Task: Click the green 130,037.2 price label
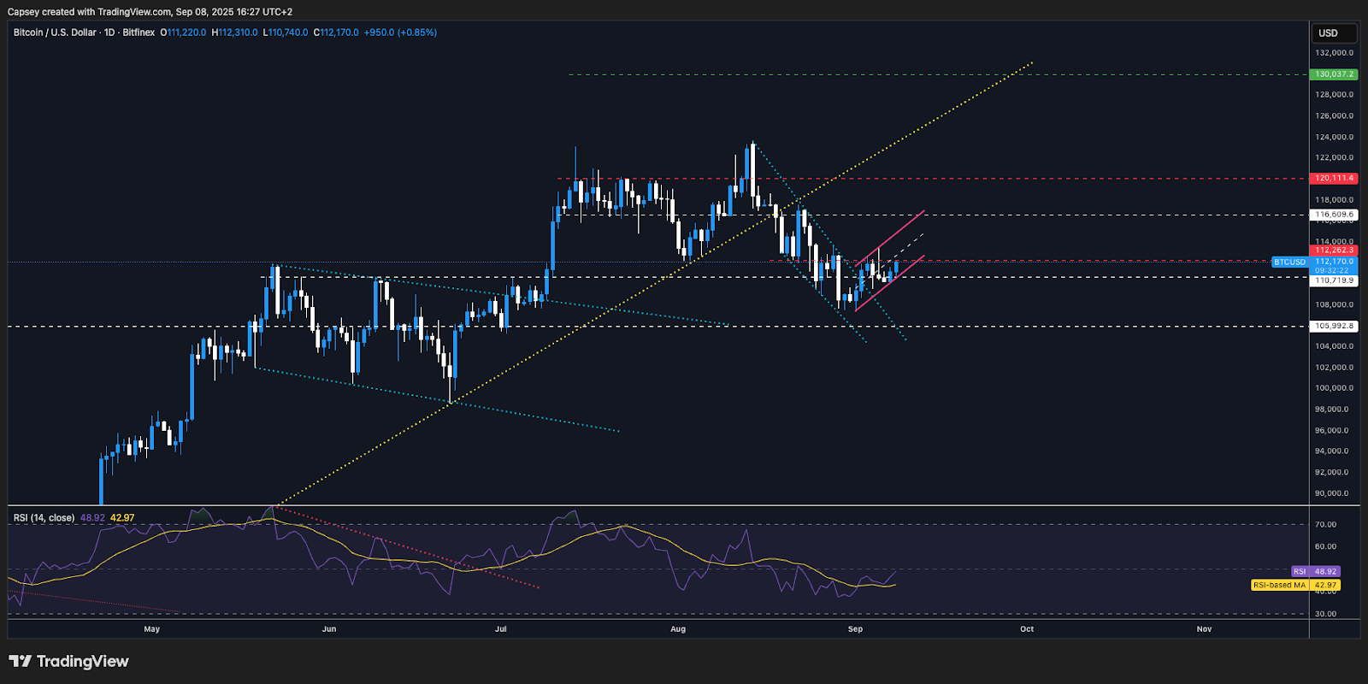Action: coord(1334,74)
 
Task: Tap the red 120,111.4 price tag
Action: coord(1334,179)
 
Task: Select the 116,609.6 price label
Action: coord(1334,215)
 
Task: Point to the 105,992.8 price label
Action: coord(1334,326)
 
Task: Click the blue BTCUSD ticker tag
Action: coord(1289,262)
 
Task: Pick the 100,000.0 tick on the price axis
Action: coord(1334,388)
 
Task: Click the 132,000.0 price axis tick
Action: coord(1334,53)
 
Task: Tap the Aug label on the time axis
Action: coord(678,629)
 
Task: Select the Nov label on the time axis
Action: coord(1204,629)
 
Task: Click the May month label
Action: coord(152,629)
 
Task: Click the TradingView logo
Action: coord(68,661)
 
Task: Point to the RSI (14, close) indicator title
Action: coord(44,518)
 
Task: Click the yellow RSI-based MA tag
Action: coord(1279,585)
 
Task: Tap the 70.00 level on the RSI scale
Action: coord(1325,525)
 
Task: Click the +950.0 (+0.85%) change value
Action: coord(400,32)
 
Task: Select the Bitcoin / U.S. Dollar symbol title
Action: coord(55,32)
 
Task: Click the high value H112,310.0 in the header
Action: coord(234,32)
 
